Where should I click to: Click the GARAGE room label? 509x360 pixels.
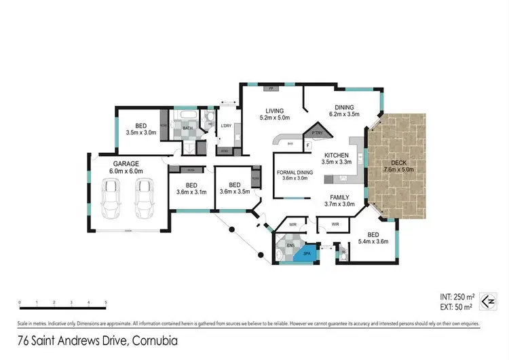point(126,164)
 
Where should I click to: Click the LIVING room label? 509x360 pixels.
point(274,111)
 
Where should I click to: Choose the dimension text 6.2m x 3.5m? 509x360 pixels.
point(344,115)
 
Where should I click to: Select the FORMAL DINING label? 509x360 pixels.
point(295,173)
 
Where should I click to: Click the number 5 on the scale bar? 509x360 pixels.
point(105,302)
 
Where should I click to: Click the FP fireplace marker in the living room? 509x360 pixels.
point(270,89)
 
